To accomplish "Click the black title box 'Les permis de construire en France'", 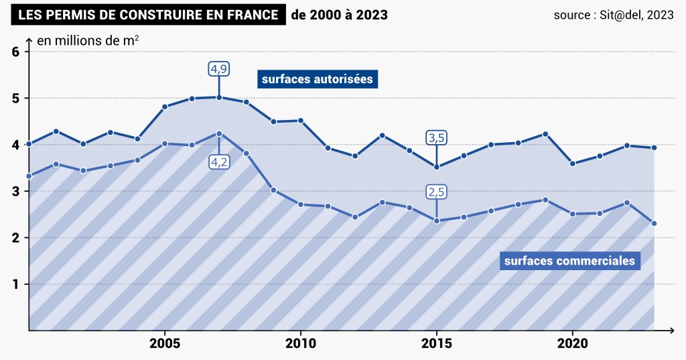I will click(x=148, y=15).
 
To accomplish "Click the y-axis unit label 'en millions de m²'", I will click(x=88, y=41).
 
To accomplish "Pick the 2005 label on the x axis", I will click(x=164, y=344).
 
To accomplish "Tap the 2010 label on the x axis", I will click(x=300, y=344).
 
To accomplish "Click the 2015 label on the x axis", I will click(x=436, y=344).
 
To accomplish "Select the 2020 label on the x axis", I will click(x=572, y=344).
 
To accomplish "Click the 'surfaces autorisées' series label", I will click(x=318, y=79).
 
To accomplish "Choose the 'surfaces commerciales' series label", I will click(x=569, y=261).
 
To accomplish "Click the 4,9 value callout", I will click(x=219, y=68).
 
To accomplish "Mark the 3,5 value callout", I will click(x=437, y=138).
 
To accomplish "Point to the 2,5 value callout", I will click(x=437, y=192).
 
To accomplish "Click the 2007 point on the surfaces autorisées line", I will click(x=219, y=97).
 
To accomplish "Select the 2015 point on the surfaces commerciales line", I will click(x=437, y=221).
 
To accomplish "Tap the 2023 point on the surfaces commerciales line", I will click(x=654, y=223).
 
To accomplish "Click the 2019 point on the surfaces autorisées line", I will click(x=545, y=134).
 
